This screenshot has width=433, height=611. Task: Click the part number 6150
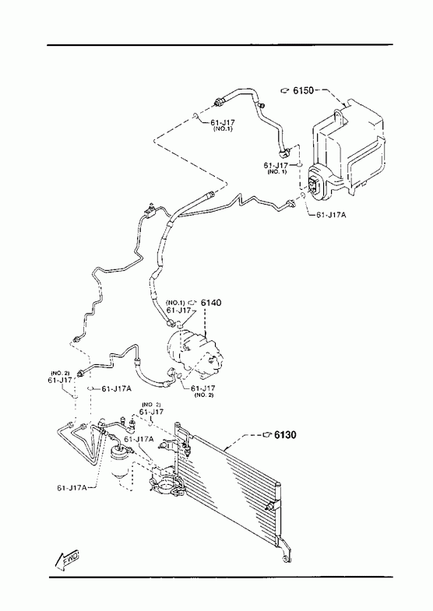303,91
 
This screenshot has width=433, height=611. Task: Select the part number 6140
211,302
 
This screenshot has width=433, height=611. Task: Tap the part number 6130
285,434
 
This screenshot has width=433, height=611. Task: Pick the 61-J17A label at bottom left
72,487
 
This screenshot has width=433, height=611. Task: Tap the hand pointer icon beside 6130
267,434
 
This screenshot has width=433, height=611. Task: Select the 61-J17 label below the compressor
203,388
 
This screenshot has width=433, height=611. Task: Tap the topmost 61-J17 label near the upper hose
223,122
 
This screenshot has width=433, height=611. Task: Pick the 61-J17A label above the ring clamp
139,439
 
